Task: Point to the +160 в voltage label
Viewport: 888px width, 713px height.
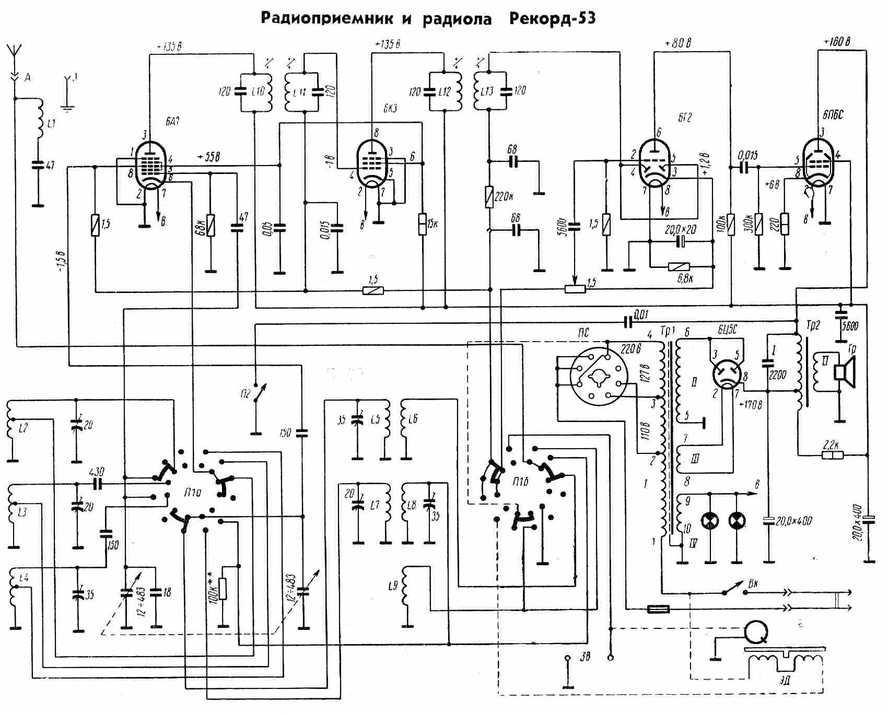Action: pyautogui.click(x=837, y=42)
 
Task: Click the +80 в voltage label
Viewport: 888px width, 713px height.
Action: pyautogui.click(x=678, y=44)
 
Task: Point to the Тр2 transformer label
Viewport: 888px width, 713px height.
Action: pyautogui.click(x=814, y=325)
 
